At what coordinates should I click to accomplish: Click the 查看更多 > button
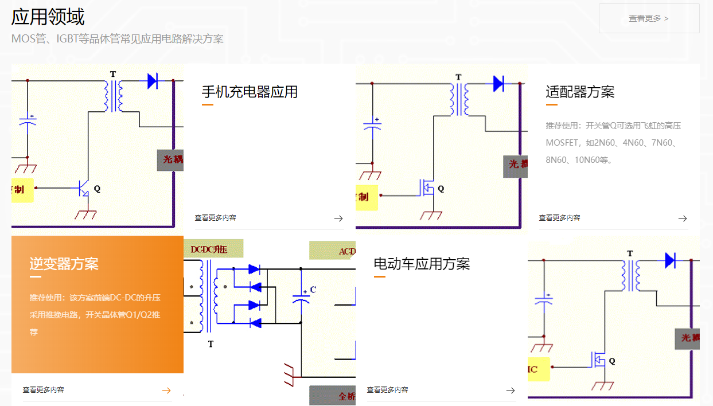pos(649,18)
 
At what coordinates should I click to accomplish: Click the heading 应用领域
pos(48,17)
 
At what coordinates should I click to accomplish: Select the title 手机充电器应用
pos(250,92)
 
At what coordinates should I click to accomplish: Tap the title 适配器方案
pos(580,92)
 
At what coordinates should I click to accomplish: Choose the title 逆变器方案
pos(64,264)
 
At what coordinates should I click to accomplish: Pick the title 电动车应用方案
pos(422,264)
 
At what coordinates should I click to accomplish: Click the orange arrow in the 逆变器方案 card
pos(166,391)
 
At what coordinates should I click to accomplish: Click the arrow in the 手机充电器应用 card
pos(338,218)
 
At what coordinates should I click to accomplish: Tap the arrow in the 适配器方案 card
pos(683,218)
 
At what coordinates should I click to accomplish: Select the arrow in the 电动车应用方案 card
pos(511,391)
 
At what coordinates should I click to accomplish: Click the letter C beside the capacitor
pos(313,290)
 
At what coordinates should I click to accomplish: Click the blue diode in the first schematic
pos(153,81)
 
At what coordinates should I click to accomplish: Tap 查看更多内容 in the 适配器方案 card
pos(559,218)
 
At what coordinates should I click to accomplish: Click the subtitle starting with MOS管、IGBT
pos(118,39)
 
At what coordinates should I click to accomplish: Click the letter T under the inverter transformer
pos(211,344)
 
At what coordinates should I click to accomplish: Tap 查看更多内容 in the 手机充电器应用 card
pos(215,218)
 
